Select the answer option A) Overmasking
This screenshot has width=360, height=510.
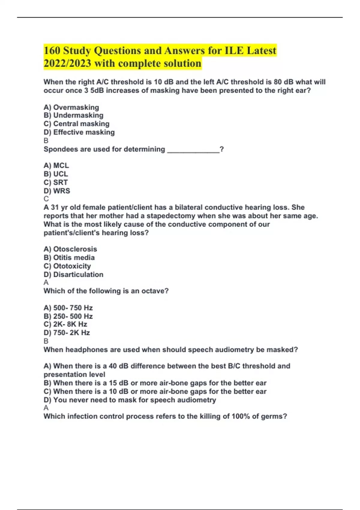click(x=71, y=107)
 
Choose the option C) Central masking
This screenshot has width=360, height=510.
click(x=76, y=124)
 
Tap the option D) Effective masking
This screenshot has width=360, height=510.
click(x=79, y=132)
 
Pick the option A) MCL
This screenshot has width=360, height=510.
click(x=56, y=165)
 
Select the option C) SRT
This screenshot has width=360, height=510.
click(x=55, y=182)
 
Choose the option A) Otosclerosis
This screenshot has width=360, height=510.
click(x=70, y=249)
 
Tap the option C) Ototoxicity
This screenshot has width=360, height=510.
click(x=67, y=266)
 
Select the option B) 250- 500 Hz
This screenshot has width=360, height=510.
click(x=68, y=316)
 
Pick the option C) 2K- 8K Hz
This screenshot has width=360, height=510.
click(x=65, y=324)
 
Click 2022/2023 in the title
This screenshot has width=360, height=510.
click(x=67, y=63)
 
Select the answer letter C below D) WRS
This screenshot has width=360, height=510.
click(x=46, y=199)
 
